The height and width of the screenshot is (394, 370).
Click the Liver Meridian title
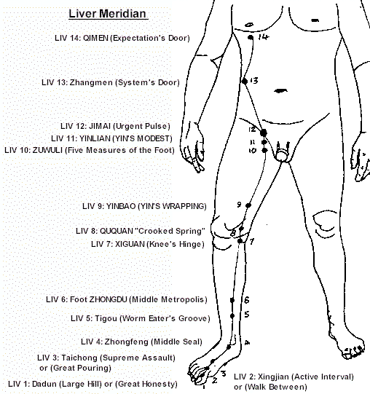coord(108,14)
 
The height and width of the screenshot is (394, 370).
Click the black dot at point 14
coord(251,37)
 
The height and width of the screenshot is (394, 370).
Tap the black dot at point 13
coord(245,81)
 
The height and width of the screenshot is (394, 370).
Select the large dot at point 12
coord(264,133)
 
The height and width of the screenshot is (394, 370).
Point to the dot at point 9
coord(248,205)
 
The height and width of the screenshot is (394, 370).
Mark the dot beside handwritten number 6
coord(232,300)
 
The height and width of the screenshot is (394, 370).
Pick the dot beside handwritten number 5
coord(232,315)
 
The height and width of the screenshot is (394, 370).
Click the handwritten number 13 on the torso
coord(254,81)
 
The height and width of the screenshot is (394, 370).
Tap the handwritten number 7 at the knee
coord(251,242)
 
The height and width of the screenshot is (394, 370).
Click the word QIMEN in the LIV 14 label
coord(95,38)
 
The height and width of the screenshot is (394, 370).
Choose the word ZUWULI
coord(47,150)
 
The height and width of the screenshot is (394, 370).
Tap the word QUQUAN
coord(117,231)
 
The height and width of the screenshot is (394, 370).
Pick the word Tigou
coord(106,318)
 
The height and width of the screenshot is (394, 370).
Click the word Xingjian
coord(273,377)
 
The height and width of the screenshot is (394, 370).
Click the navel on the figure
coord(280,91)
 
